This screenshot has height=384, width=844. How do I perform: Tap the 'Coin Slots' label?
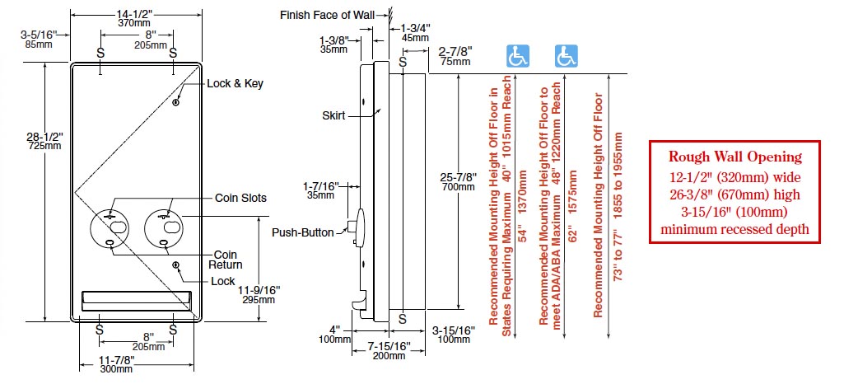pos(241,198)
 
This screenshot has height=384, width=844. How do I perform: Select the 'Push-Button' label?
pos(303,232)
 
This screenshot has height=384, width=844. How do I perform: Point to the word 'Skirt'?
pos(333,116)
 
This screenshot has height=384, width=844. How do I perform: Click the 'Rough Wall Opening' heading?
pos(734,157)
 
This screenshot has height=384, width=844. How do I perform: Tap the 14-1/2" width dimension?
pos(135,12)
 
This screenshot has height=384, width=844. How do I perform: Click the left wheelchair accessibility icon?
pos(518,56)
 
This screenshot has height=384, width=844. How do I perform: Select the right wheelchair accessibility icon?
pos(565,56)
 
